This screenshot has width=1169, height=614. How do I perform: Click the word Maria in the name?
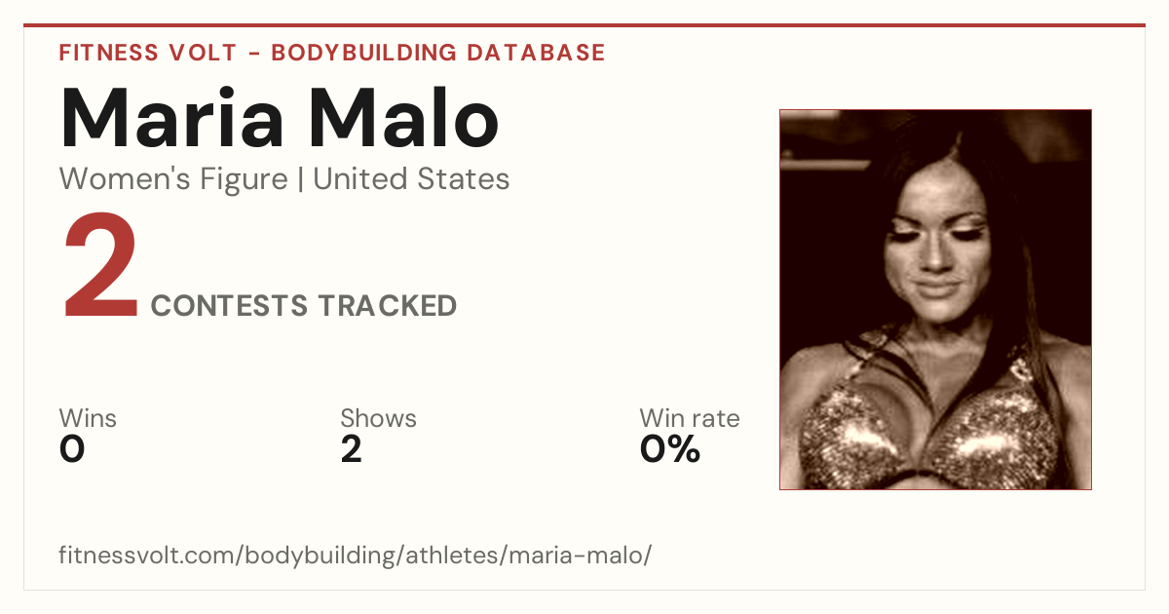pos(171,118)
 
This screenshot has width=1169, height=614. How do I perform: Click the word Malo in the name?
pos(404,118)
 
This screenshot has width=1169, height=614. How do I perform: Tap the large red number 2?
pos(100,264)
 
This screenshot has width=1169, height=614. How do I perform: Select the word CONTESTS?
pos(229,305)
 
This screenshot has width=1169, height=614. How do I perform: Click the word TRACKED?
pos(388,305)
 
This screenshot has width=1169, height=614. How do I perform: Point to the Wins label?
pos(88,418)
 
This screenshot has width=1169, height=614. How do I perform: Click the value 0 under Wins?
pos(72,449)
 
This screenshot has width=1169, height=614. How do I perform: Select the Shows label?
pos(378,418)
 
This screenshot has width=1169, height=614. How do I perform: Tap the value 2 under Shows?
pos(352,449)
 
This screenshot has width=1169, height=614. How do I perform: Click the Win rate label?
pos(690,418)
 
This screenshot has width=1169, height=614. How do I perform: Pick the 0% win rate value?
pos(670,449)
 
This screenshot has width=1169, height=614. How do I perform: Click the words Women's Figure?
pos(173,179)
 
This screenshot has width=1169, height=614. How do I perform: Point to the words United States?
pos(411,179)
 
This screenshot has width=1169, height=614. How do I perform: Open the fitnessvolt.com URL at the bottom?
pos(356,555)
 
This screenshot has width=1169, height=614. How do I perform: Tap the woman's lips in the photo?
pos(938,288)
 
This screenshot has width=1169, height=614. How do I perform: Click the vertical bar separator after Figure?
pos(301,179)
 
